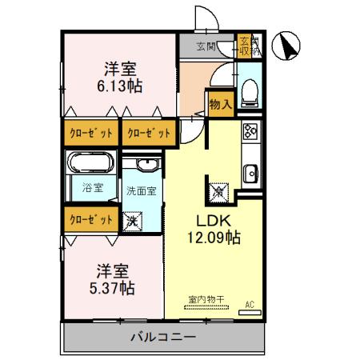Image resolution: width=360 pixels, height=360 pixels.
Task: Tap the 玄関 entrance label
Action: tap(206, 46)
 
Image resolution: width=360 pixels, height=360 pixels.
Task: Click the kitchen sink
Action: tap(250, 171)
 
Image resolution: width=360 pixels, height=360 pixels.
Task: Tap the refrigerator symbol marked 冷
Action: tap(218, 192)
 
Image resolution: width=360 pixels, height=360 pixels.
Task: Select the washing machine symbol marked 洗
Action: tap(132, 219)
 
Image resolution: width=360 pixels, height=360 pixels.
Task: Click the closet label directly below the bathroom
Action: tap(90, 218)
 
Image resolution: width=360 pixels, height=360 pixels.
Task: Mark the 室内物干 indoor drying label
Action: tap(205, 300)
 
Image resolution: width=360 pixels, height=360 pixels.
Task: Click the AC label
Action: tap(250, 304)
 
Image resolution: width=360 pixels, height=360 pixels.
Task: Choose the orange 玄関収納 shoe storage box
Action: tap(246, 46)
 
